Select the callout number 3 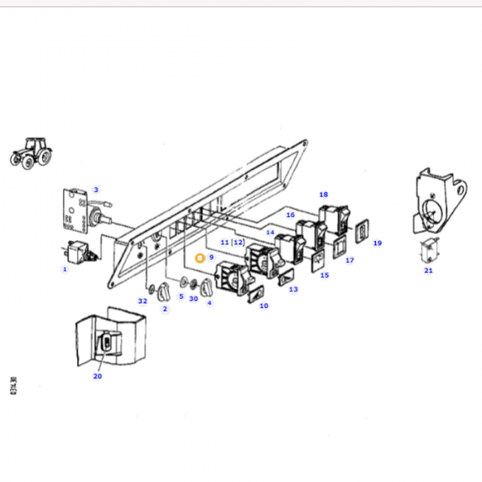[x=96, y=189]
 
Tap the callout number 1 [x=65, y=269]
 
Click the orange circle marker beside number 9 [x=200, y=258]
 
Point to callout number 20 [x=97, y=376]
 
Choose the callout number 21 [x=428, y=270]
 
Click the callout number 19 [x=377, y=243]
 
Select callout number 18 [x=324, y=195]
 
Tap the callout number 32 [x=143, y=301]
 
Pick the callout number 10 [x=264, y=305]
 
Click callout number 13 [x=293, y=289]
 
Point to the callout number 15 [x=324, y=275]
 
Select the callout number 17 [x=349, y=260]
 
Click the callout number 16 [x=290, y=215]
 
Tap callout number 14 [x=270, y=233]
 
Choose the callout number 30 [x=193, y=298]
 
